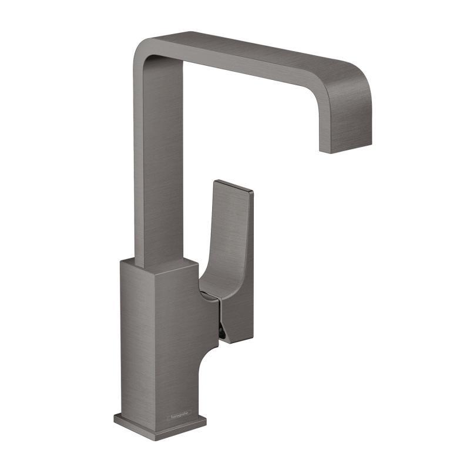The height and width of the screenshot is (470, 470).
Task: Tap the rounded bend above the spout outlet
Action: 352,82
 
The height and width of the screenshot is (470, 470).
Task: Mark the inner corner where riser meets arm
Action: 183,63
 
